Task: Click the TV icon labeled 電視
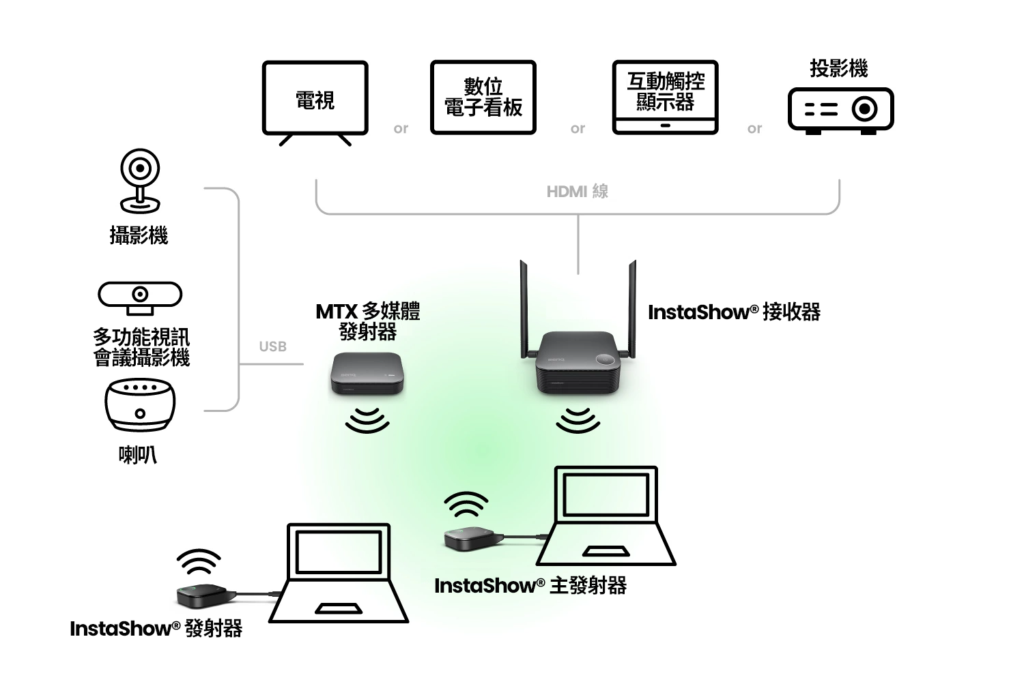[x=315, y=99]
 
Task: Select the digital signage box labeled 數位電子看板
[x=483, y=98]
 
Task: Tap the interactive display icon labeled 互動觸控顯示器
[x=665, y=98]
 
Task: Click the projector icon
[x=840, y=110]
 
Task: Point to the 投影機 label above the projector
[x=838, y=68]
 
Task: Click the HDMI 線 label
[x=577, y=192]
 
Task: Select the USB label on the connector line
[x=272, y=346]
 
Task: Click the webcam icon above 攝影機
[x=140, y=181]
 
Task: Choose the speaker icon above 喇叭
[x=140, y=405]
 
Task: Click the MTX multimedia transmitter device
[x=367, y=373]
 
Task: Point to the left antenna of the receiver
[x=524, y=307]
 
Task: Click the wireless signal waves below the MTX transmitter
[x=367, y=421]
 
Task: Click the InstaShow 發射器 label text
[x=156, y=628]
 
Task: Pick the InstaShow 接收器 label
[x=734, y=312]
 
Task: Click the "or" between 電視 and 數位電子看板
[x=401, y=128]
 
